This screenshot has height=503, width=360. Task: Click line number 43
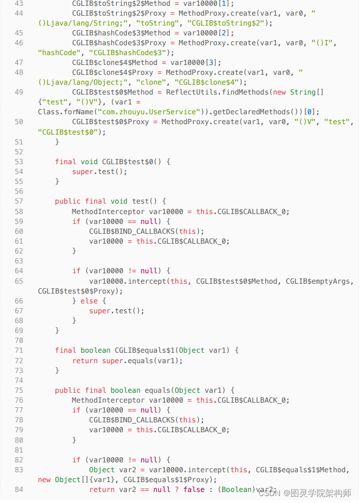click(x=18, y=3)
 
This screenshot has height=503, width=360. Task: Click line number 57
click(x=18, y=201)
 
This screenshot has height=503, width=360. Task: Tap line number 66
click(x=18, y=301)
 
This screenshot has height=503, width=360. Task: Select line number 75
click(x=18, y=390)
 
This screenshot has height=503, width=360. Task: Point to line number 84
click(x=18, y=490)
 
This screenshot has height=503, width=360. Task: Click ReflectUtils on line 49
click(x=191, y=92)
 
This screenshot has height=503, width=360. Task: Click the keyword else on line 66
click(x=89, y=301)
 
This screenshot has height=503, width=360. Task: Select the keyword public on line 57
click(x=67, y=201)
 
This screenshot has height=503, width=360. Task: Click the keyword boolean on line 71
click(x=96, y=350)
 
